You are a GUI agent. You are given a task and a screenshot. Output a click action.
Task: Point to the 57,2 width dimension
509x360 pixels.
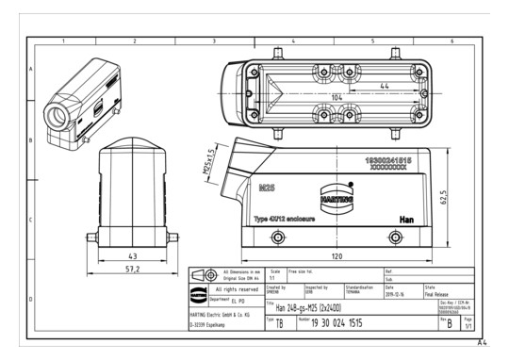coord(133,270)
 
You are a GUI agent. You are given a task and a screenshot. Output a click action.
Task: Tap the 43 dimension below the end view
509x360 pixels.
coord(133,255)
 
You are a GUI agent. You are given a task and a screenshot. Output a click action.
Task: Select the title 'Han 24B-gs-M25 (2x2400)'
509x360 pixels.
coord(309,308)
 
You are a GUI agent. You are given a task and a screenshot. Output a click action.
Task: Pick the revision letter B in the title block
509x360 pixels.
coord(449,323)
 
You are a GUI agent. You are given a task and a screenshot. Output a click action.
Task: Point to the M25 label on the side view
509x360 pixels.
coord(268,188)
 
